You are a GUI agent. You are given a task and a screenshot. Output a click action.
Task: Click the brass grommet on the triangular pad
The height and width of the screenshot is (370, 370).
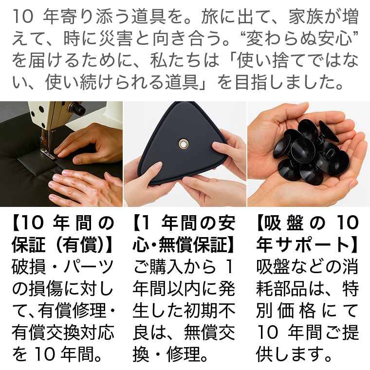[184, 144]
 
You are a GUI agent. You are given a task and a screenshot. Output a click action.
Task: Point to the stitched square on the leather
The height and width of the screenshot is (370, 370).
[37, 163]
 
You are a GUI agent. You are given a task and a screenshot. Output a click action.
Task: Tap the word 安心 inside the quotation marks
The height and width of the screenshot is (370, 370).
[334, 38]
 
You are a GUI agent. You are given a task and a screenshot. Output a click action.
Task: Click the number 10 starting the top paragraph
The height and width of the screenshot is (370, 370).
[23, 17]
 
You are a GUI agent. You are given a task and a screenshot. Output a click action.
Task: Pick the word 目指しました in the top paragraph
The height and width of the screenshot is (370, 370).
[289, 82]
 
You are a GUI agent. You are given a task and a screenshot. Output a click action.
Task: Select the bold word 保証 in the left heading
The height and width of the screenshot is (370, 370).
[29, 245]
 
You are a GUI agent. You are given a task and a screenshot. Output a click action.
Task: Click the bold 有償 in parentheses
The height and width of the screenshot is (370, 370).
[80, 245]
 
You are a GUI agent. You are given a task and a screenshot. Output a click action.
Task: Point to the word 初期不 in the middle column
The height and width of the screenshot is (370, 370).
[209, 311]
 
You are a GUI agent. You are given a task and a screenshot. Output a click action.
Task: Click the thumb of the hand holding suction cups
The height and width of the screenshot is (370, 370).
[290, 111]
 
